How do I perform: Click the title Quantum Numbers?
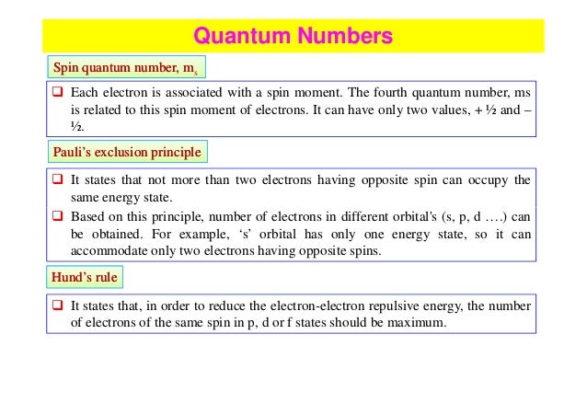pyautogui.click(x=293, y=38)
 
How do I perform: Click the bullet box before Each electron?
pyautogui.click(x=57, y=94)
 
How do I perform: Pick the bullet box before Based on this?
pyautogui.click(x=57, y=217)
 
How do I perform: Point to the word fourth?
pyautogui.click(x=379, y=94)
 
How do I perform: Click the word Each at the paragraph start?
pyautogui.click(x=88, y=94)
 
